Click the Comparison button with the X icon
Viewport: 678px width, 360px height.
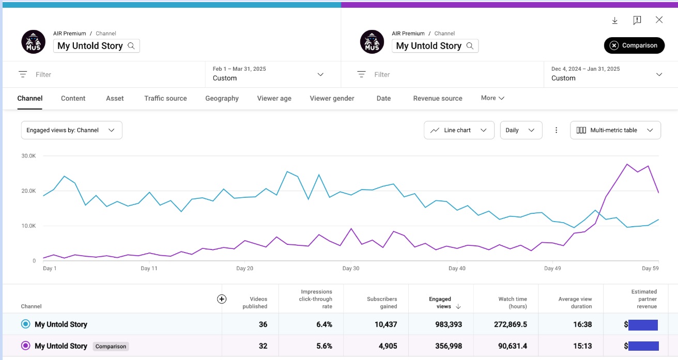tap(634, 45)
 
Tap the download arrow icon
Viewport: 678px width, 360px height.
tap(615, 20)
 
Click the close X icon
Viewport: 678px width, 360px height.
tap(659, 20)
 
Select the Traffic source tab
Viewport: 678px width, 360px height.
tap(165, 98)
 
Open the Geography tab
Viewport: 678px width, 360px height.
tap(222, 98)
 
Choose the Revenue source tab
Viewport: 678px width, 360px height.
tap(437, 98)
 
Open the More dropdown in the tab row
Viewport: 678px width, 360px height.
tap(492, 98)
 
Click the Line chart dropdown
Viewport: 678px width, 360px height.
tap(459, 130)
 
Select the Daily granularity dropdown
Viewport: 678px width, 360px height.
tap(521, 130)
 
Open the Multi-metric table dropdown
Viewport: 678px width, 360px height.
tap(615, 130)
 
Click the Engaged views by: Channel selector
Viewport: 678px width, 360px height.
tap(72, 130)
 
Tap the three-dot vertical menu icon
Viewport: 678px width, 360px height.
tap(556, 130)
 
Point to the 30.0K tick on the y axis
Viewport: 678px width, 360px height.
tap(28, 156)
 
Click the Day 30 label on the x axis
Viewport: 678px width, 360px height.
tap(351, 269)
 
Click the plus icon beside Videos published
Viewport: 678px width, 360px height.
tap(222, 299)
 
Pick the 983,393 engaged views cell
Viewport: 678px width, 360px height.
tap(449, 324)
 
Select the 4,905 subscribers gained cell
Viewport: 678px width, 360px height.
tap(388, 346)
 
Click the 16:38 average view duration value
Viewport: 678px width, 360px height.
tap(582, 324)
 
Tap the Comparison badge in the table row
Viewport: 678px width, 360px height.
tap(111, 347)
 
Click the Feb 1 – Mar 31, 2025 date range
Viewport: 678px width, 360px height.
tap(239, 69)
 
